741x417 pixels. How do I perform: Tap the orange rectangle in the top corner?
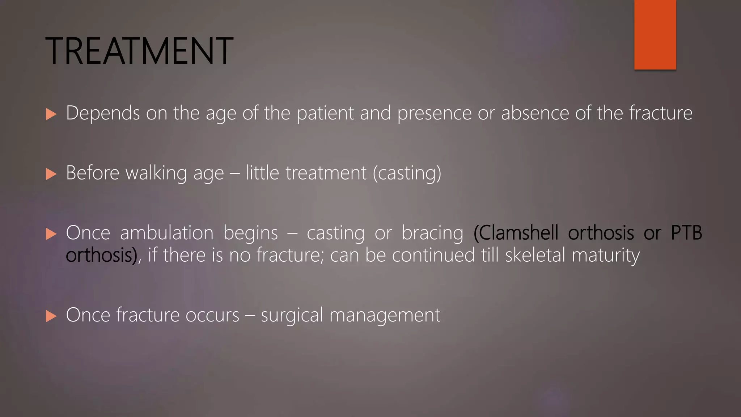[x=655, y=34]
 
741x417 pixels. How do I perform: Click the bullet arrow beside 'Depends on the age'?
[x=51, y=114]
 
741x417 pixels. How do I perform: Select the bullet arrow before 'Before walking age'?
[x=51, y=174]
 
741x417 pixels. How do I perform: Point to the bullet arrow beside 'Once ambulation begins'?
[x=51, y=234]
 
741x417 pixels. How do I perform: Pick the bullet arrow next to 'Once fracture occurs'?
[x=51, y=316]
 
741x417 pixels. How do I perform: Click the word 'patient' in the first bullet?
[x=325, y=113]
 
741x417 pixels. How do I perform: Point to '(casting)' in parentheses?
[x=407, y=173]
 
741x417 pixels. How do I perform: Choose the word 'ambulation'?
[x=166, y=233]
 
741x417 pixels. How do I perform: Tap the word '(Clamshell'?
[x=516, y=233]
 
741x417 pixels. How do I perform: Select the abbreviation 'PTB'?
[x=686, y=233]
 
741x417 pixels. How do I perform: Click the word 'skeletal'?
[x=535, y=255]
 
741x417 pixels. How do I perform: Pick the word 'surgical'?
[x=292, y=315]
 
